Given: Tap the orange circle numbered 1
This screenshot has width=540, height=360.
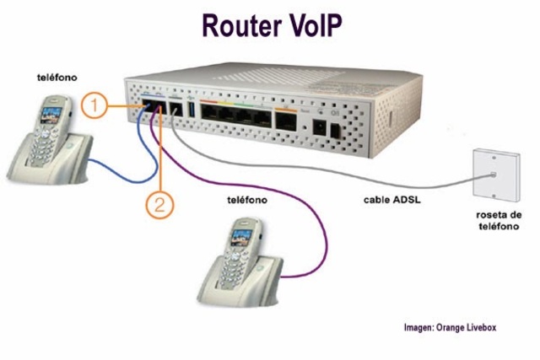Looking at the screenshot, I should pyautogui.click(x=95, y=106).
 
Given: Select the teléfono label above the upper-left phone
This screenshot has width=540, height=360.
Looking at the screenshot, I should pyautogui.click(x=56, y=77).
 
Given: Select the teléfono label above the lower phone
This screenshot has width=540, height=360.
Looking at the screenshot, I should pyautogui.click(x=247, y=201).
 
